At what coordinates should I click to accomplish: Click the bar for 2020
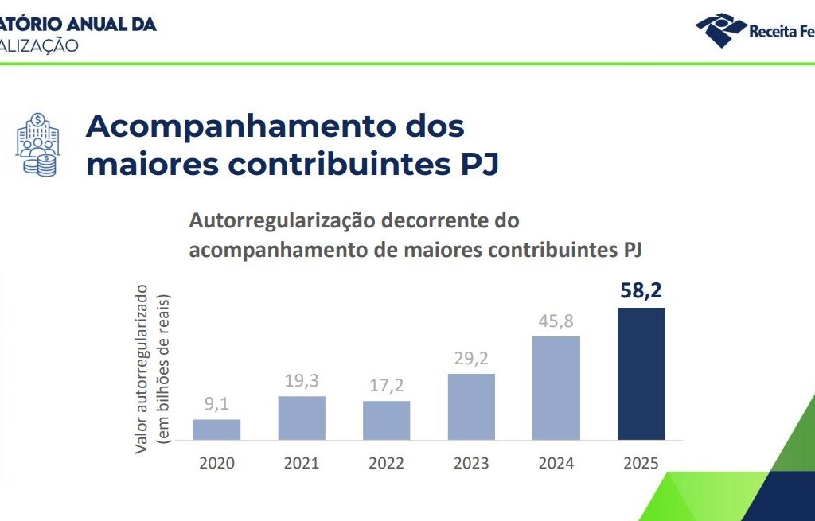pos(216,430)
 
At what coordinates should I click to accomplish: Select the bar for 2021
pos(302,418)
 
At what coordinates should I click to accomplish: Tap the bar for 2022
pos(387,420)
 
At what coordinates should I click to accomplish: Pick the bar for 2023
pos(471,406)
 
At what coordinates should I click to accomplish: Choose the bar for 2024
pos(556,388)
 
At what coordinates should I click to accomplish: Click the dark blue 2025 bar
pos(641,374)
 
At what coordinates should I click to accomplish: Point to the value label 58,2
pos(641,290)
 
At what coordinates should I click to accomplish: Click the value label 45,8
pos(556,321)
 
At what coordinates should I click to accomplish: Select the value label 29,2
pos(471,359)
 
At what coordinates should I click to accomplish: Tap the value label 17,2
pos(387,386)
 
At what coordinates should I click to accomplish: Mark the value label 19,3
pos(302,381)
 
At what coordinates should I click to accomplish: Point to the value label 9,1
pos(216,404)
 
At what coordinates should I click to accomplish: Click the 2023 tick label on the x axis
pos(471,463)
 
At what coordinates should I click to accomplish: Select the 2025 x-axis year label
pos(641,463)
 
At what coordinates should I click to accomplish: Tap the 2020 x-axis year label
pos(216,463)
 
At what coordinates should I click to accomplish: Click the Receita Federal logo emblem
pos(721,29)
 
